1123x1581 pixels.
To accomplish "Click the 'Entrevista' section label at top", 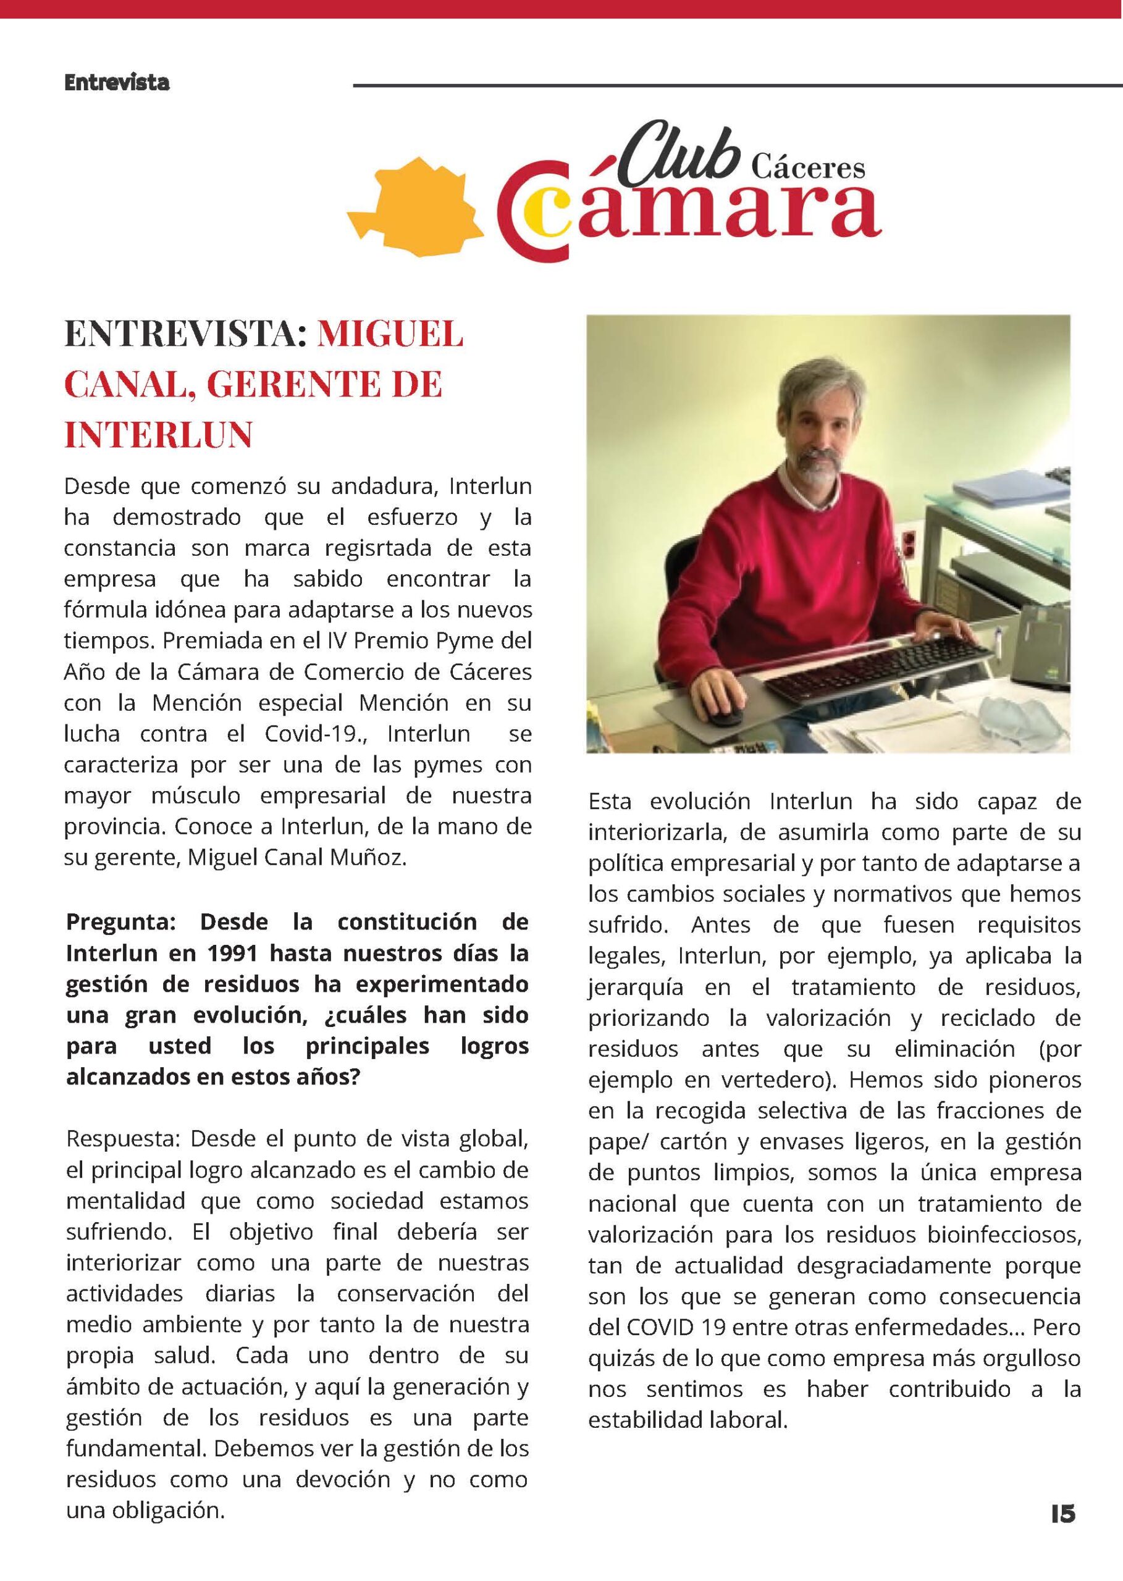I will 116,83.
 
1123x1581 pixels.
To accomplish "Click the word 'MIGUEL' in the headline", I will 390,335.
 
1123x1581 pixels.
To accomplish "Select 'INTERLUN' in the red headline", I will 158,435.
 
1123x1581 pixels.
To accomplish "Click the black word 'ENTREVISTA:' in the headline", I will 185,335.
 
